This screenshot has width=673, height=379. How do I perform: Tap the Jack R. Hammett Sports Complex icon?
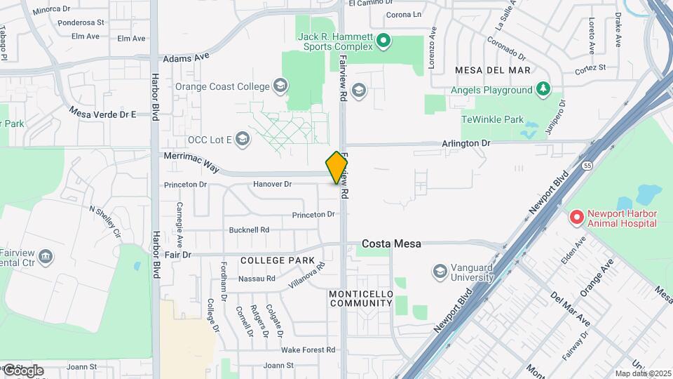click(x=383, y=41)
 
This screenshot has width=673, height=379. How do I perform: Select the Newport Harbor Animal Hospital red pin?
click(x=577, y=218)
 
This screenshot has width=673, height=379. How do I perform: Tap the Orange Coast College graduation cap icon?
click(x=280, y=86)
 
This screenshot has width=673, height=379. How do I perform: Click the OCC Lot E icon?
click(x=243, y=138)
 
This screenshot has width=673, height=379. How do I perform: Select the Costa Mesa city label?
click(x=391, y=244)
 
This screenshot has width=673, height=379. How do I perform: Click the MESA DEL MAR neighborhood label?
click(x=492, y=71)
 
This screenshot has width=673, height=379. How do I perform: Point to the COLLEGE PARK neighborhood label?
click(x=278, y=260)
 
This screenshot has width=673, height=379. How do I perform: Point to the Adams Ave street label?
click(x=186, y=58)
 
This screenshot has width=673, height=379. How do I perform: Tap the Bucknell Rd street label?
click(x=250, y=230)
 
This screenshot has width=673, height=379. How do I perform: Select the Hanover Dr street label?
click(x=272, y=184)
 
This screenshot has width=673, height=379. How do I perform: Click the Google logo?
click(x=22, y=370)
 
